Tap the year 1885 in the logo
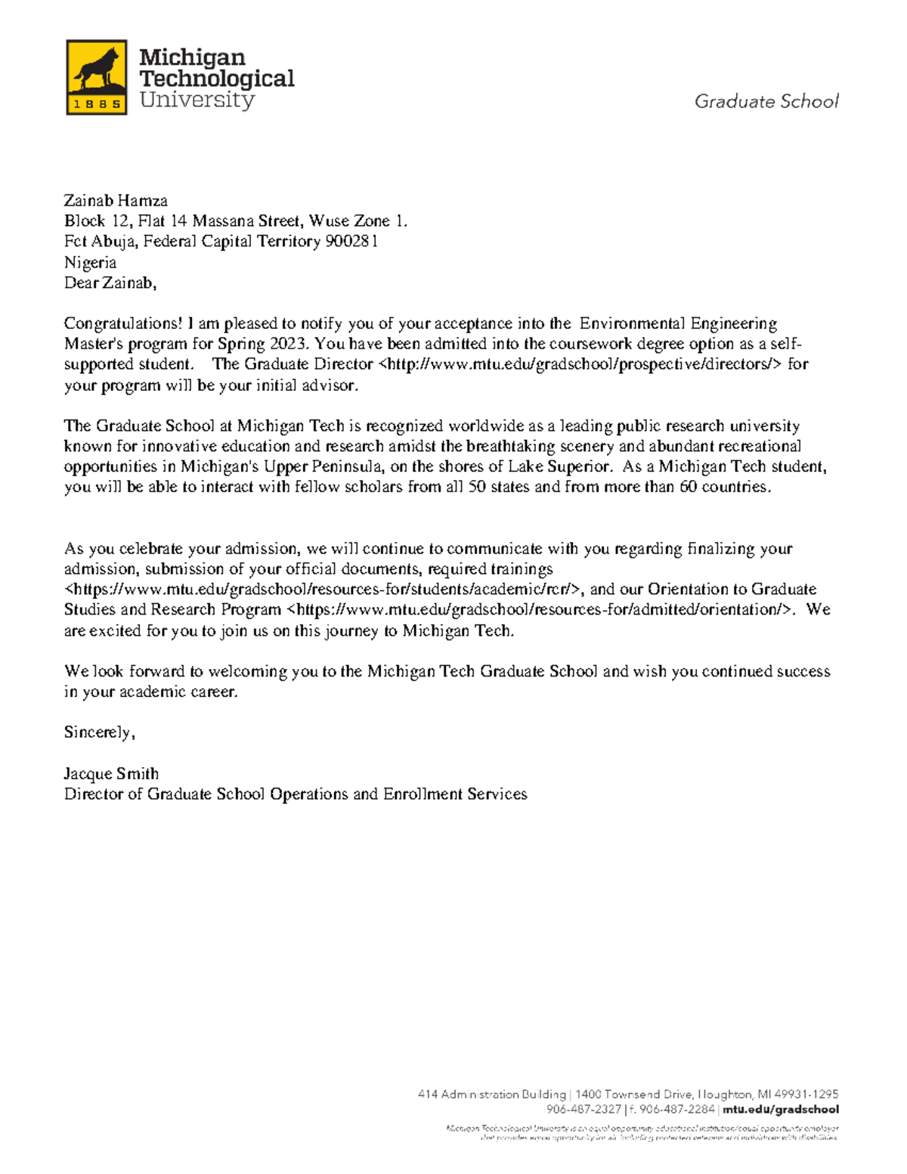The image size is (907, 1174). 97,105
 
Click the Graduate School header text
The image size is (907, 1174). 766,101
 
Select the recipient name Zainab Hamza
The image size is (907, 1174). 116,200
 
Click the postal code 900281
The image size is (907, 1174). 351,241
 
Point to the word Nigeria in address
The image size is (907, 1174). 90,262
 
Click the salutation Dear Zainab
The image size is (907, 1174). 110,283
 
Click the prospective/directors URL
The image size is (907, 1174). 578,364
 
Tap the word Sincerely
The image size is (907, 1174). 98,733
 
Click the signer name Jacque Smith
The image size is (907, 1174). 111,773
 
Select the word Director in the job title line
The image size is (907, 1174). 92,794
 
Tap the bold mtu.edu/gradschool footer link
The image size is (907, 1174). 780,1110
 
